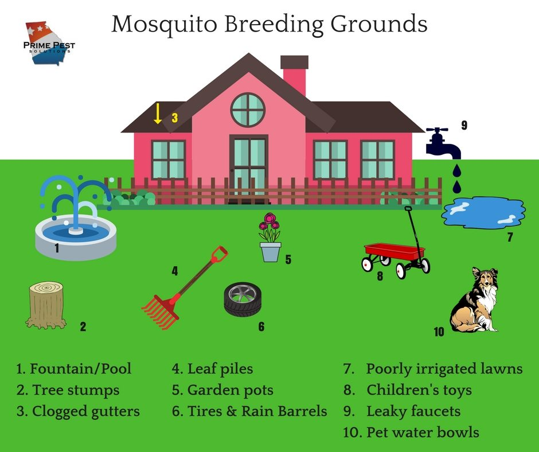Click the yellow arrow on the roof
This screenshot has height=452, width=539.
tap(158, 113)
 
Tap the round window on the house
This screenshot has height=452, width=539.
tap(248, 110)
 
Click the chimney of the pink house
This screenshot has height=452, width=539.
tap(294, 76)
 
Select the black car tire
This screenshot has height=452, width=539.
tap(243, 299)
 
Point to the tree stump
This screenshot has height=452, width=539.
tap(46, 305)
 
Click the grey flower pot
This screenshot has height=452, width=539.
tap(270, 252)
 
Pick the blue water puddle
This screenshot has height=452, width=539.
tap(483, 213)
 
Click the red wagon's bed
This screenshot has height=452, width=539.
tap(395, 251)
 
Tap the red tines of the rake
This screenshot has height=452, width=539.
tap(160, 311)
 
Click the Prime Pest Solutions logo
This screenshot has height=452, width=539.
tap(49, 44)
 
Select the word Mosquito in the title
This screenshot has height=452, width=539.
tap(165, 24)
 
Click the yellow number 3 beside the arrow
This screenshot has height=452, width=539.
tap(175, 118)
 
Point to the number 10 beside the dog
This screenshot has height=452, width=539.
tap(439, 332)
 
